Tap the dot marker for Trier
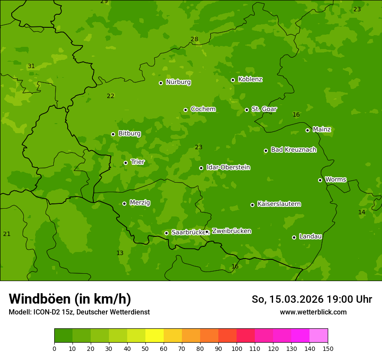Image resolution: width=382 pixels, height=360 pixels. pyautogui.click(x=126, y=163)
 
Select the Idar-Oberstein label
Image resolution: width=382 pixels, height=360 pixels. pyautogui.click(x=228, y=167)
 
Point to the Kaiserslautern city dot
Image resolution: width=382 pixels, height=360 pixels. pyautogui.click(x=252, y=205)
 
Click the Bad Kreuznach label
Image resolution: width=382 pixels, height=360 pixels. pyautogui.click(x=293, y=150)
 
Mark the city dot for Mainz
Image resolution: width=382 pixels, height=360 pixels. pyautogui.click(x=307, y=130)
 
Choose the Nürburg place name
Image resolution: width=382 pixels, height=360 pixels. pyautogui.click(x=178, y=82)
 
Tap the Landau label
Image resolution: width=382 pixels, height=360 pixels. pyautogui.click(x=310, y=236)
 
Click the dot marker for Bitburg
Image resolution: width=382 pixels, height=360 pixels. pyautogui.click(x=113, y=134)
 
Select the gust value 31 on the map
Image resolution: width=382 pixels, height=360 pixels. pyautogui.click(x=31, y=66)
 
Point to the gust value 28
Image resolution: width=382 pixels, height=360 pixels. pyautogui.click(x=194, y=39)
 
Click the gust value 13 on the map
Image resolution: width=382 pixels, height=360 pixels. pyautogui.click(x=120, y=253)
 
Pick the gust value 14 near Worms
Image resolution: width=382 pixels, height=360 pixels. pyautogui.click(x=362, y=212)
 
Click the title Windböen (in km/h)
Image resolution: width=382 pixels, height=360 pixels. pyautogui.click(x=70, y=299)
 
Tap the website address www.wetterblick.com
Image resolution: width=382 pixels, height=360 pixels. pyautogui.click(x=313, y=312)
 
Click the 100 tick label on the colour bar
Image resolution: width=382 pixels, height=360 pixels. pyautogui.click(x=237, y=348)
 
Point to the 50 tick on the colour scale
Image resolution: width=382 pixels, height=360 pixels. pyautogui.click(x=145, y=348)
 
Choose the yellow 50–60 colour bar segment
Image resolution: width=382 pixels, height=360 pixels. pyautogui.click(x=155, y=336)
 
